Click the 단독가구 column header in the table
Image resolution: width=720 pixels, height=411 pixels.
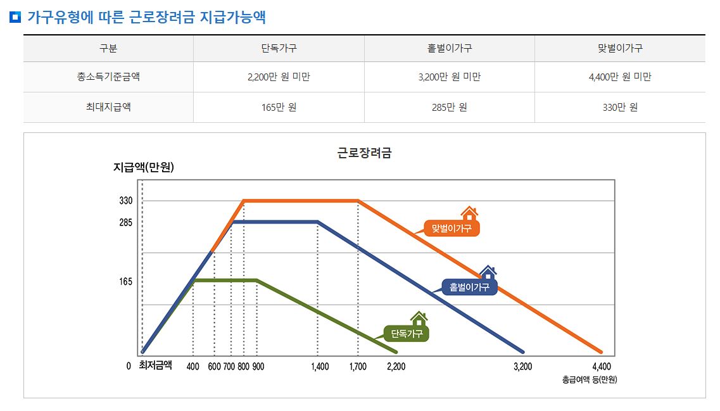279,48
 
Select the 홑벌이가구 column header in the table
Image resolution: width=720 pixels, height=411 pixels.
449,48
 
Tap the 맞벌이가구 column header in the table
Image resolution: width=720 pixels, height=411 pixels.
620,48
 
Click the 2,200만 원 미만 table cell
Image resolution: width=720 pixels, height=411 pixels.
279,77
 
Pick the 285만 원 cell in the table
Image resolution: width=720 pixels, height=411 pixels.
449,107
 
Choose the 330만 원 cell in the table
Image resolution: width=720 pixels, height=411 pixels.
620,107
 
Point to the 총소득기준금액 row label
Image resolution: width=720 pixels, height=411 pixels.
108,77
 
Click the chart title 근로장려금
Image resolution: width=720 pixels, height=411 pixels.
364,153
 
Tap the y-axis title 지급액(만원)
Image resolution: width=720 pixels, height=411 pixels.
143,168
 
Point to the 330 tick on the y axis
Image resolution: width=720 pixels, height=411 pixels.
125,201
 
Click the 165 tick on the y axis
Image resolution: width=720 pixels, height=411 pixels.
125,281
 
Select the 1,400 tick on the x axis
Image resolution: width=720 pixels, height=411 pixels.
320,367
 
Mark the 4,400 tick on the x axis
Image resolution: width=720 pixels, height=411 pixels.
602,367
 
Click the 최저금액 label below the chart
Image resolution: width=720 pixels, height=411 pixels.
155,365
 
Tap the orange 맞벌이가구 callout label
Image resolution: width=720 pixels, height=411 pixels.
452,228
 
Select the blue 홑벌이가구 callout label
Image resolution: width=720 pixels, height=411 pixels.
469,288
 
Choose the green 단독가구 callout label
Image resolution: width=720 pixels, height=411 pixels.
406,333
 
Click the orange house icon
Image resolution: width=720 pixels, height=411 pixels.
469,213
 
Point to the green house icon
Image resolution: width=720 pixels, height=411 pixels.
419,318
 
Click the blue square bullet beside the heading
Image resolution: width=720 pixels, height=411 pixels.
16,17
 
